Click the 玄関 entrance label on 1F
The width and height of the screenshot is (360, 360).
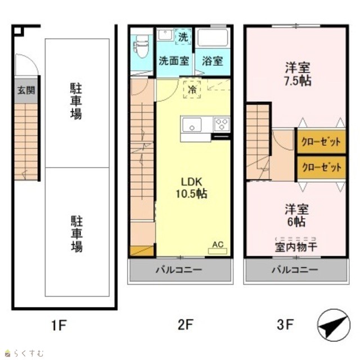(x=26, y=90)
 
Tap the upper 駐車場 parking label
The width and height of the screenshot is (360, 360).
(x=76, y=101)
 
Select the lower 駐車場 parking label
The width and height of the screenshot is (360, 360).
(x=76, y=234)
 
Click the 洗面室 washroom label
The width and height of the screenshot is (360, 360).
(x=174, y=61)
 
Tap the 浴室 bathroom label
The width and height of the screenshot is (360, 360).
(x=213, y=61)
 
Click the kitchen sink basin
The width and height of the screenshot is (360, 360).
(x=192, y=125)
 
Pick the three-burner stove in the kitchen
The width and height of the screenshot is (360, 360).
(x=222, y=124)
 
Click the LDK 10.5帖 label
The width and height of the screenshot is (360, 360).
(x=191, y=188)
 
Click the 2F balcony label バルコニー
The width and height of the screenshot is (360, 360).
(x=179, y=269)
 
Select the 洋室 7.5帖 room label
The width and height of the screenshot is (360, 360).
(x=298, y=74)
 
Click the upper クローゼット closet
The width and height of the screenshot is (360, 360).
(x=321, y=142)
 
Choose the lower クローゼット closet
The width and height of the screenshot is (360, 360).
(x=321, y=168)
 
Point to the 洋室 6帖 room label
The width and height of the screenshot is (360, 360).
(x=296, y=215)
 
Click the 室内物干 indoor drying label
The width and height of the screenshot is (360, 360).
(x=296, y=247)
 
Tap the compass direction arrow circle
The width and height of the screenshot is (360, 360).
(x=334, y=325)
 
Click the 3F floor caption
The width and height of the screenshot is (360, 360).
(x=285, y=325)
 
